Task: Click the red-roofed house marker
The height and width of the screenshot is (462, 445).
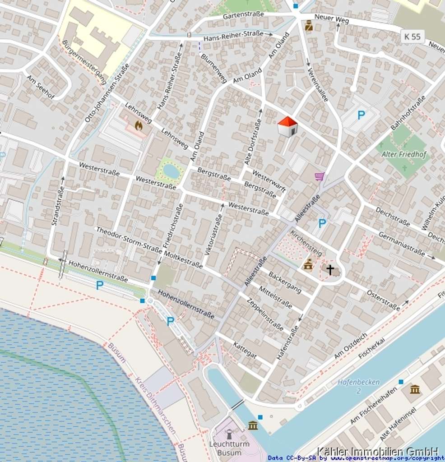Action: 287,126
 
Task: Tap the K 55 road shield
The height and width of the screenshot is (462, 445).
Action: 413,37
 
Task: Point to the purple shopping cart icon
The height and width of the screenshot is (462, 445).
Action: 320,176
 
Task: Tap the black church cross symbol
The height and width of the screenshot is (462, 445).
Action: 330,270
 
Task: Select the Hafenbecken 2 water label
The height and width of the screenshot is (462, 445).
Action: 358,386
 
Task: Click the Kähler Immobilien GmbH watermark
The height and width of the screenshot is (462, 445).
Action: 377,451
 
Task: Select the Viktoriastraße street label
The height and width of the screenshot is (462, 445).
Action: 214,235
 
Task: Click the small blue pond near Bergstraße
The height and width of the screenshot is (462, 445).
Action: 171,171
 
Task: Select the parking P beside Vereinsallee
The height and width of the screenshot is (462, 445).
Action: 361,115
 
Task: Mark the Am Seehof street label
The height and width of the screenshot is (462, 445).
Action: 41,87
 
